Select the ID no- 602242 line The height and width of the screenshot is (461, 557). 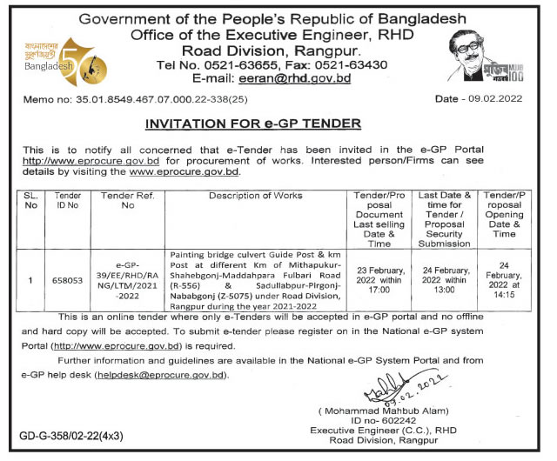pos(385,421)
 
